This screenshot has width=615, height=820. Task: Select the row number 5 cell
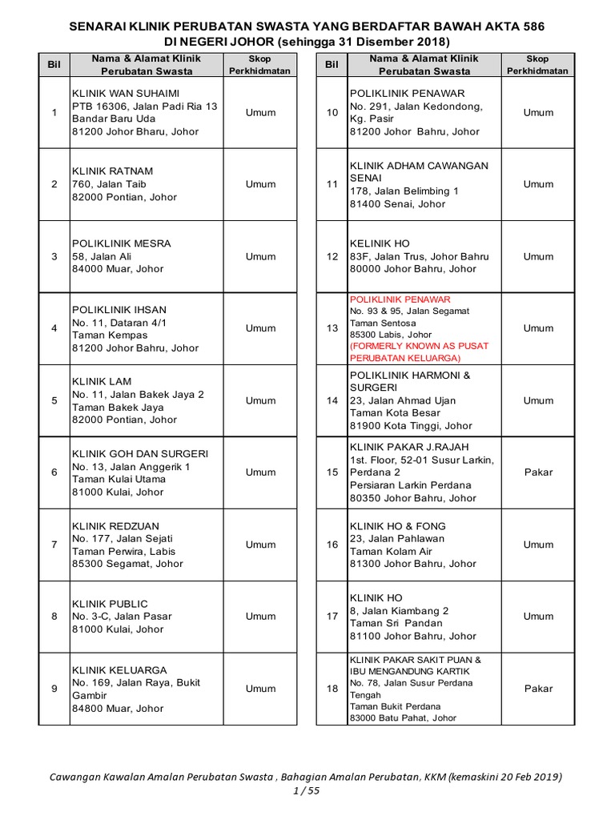(54, 400)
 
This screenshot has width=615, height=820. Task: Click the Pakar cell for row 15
(538, 472)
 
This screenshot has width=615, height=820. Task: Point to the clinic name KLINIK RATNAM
(113, 171)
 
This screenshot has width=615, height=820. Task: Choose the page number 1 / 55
(307, 791)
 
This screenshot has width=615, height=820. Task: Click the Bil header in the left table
(54, 64)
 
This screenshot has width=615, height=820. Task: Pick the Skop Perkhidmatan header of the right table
(537, 65)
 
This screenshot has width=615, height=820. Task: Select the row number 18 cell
(332, 689)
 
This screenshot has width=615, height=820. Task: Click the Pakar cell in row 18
(538, 689)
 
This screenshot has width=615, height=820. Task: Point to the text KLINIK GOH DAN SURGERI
(140, 453)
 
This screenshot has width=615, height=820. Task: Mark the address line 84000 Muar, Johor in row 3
(117, 269)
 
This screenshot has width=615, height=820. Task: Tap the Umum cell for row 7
(260, 545)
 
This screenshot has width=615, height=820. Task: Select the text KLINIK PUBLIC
(110, 604)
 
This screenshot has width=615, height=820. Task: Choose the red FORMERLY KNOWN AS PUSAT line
(419, 346)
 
